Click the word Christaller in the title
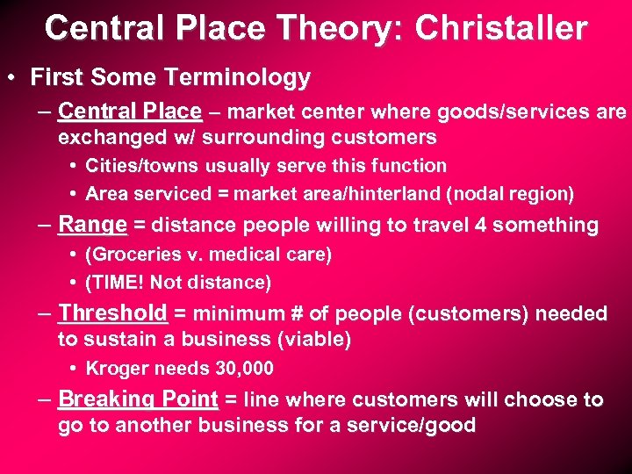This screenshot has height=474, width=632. (x=501, y=28)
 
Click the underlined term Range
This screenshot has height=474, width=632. (x=92, y=225)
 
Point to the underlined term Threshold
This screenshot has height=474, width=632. (x=112, y=313)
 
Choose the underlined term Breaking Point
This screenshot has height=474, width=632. (x=138, y=399)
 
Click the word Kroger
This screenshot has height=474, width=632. (x=112, y=369)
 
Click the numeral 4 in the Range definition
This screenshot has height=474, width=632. (x=480, y=226)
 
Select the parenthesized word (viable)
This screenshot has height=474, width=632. (x=312, y=339)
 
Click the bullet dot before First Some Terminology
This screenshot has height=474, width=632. (x=18, y=78)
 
